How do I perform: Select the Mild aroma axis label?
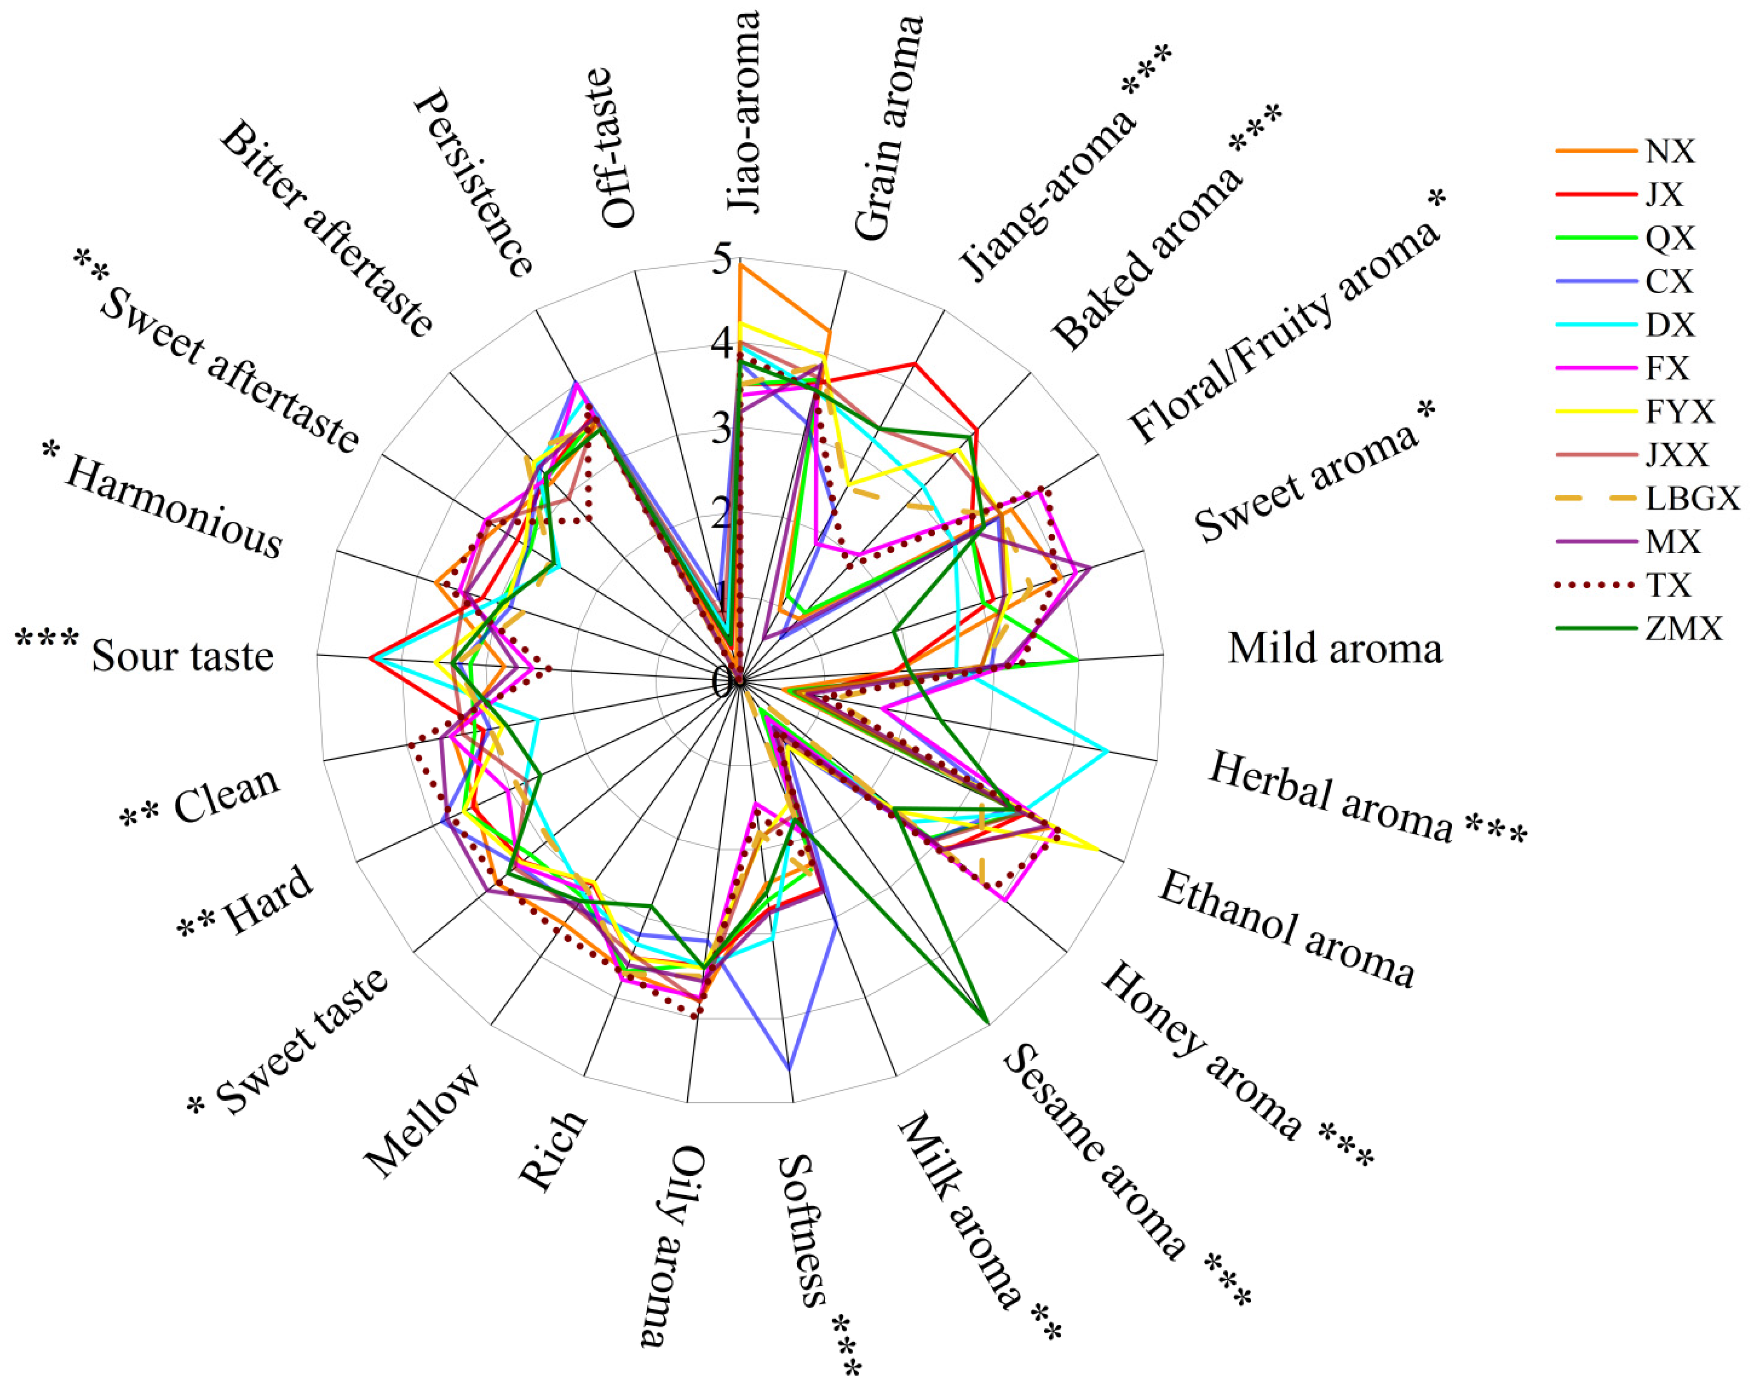1335,649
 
